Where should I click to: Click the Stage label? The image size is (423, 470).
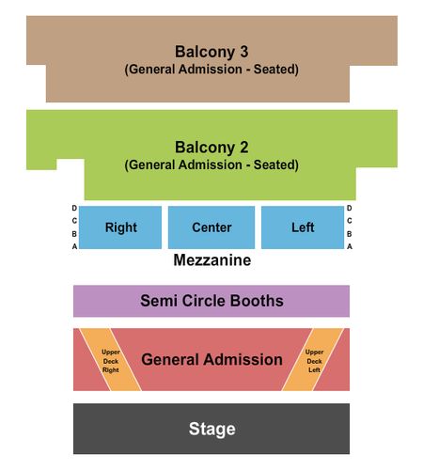point(211,429)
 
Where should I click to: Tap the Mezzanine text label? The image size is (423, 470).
point(212,260)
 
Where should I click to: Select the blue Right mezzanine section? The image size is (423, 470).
point(120,227)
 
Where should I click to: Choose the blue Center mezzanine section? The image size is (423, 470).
point(211,227)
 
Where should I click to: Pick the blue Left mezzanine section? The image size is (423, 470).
point(303,227)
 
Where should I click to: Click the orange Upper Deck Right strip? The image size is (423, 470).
point(110,360)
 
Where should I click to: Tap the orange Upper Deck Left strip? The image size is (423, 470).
point(313,360)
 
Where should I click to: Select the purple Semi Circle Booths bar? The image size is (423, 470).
point(211,301)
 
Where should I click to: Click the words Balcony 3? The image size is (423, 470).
point(211,52)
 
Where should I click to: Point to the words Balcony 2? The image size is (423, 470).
point(211,148)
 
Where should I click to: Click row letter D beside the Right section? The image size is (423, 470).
point(74,208)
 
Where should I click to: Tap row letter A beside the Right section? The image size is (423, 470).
point(74,246)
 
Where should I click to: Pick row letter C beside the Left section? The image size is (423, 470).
point(350,221)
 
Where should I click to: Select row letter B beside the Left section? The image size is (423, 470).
point(350,234)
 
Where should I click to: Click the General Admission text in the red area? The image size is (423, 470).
point(211,359)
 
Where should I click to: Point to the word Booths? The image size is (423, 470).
point(257,301)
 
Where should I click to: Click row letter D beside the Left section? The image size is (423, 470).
point(350,208)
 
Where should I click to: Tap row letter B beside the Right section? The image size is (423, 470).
point(74,234)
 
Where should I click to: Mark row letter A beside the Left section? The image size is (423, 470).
point(350,246)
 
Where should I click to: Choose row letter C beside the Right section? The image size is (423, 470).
point(74,221)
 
